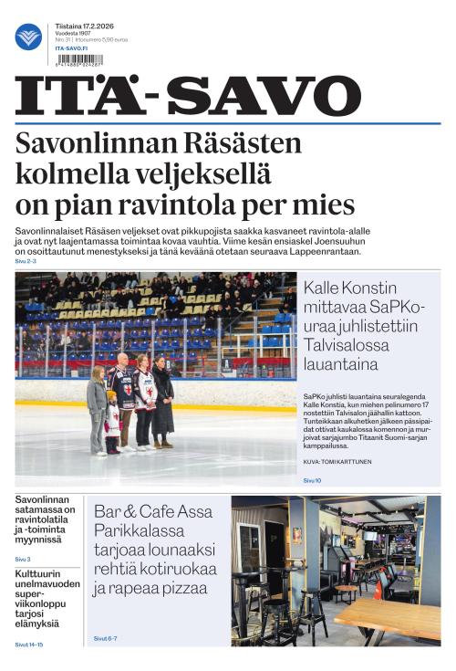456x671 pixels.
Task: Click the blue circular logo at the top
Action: point(28,37)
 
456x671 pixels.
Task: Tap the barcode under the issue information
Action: point(78,59)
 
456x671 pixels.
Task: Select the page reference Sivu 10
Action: point(312,479)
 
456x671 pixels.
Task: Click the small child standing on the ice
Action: point(113,423)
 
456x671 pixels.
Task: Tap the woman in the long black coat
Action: point(162,403)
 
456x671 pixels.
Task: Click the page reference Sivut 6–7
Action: point(107,637)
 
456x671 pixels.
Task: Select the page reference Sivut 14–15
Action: point(28,645)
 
